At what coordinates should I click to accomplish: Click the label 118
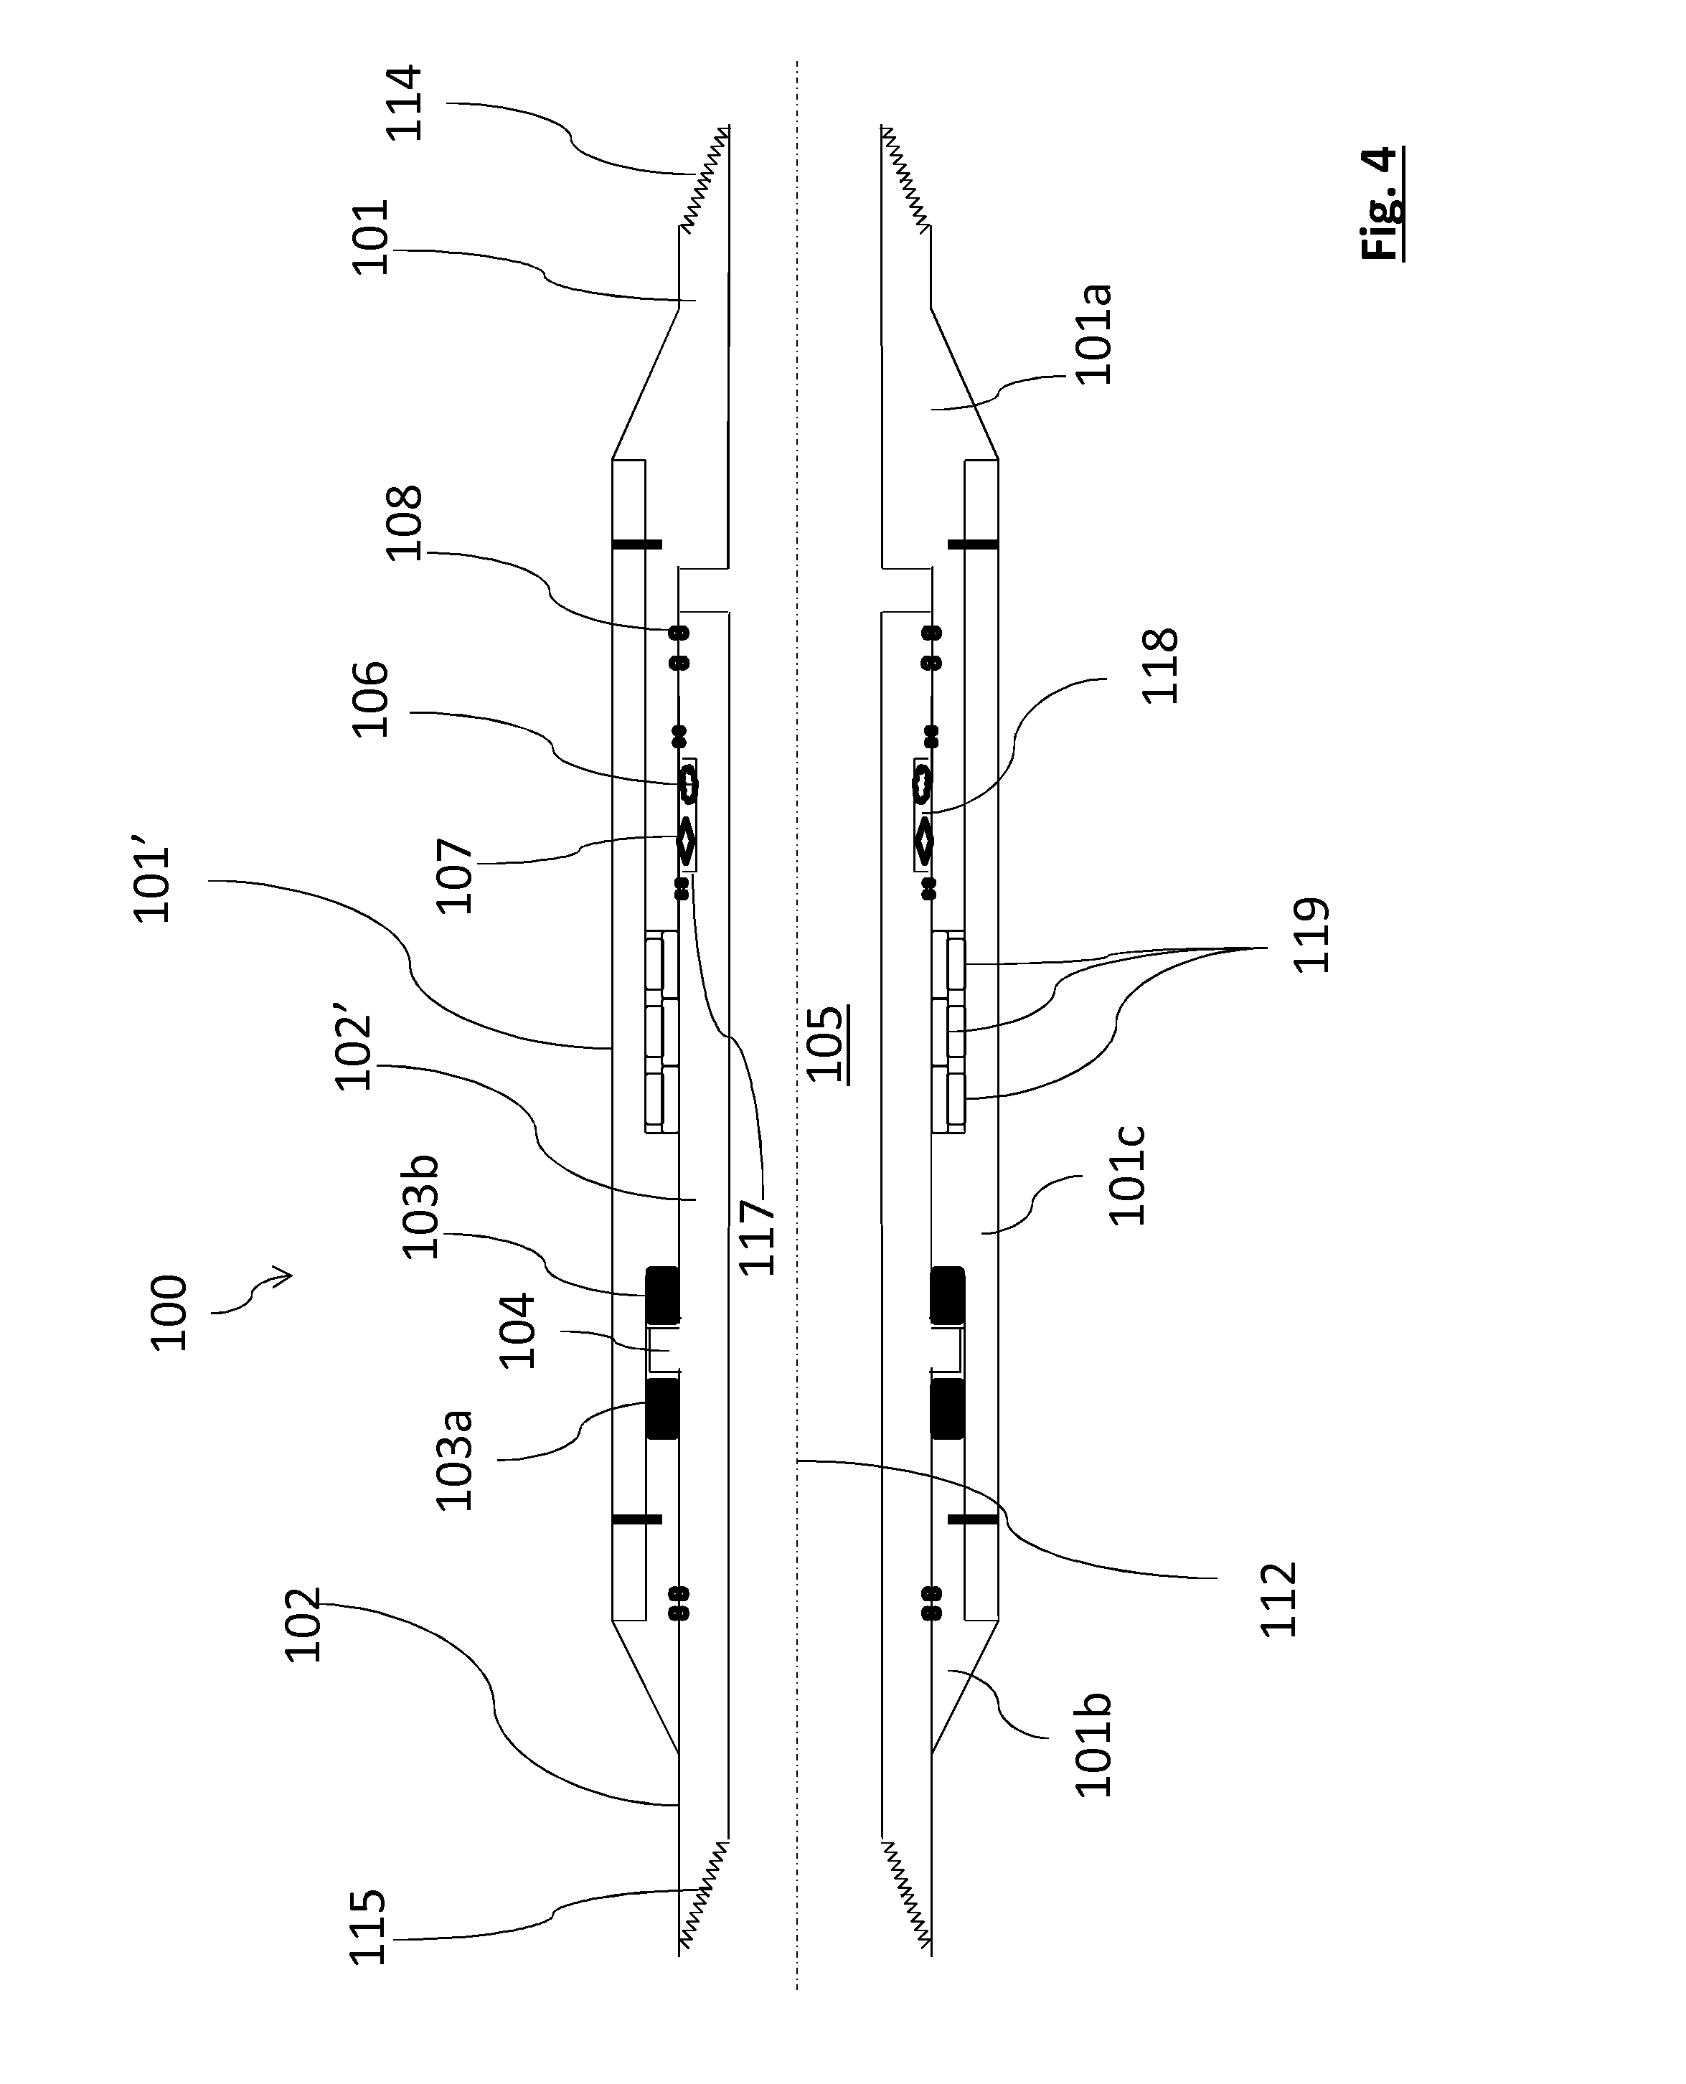(x=1159, y=666)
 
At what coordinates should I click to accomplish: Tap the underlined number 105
(x=826, y=1043)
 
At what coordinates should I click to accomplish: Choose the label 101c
(x=1128, y=1176)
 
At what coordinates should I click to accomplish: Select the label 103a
(x=455, y=1460)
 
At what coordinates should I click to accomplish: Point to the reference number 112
(x=1278, y=1600)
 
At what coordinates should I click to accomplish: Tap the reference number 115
(x=369, y=1928)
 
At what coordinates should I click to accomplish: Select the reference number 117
(x=758, y=1237)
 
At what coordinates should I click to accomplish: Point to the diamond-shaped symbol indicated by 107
(x=687, y=841)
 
